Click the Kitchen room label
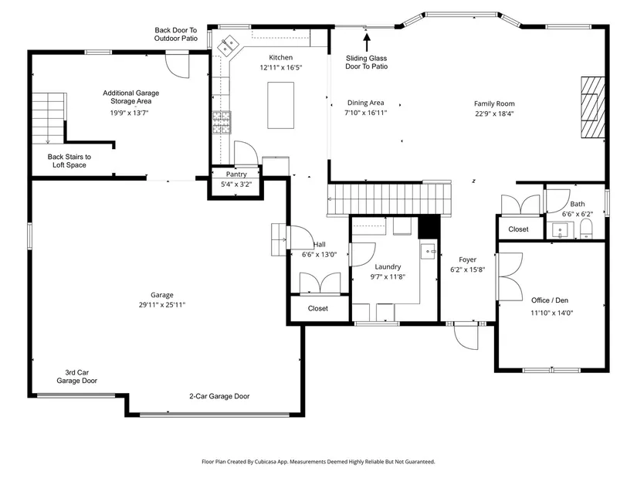pyautogui.click(x=281, y=58)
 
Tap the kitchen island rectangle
pyautogui.click(x=281, y=105)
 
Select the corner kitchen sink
pyautogui.click(x=227, y=45)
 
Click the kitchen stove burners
pyautogui.click(x=222, y=122)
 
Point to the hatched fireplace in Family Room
pyautogui.click(x=593, y=107)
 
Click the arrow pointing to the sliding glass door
pyautogui.click(x=367, y=42)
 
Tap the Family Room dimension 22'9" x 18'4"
pyautogui.click(x=494, y=114)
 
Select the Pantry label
pyautogui.click(x=236, y=175)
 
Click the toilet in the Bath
pyautogui.click(x=586, y=229)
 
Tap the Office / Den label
pyautogui.click(x=550, y=300)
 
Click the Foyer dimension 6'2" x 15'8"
pyautogui.click(x=468, y=270)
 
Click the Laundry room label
pyautogui.click(x=388, y=266)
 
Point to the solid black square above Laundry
pyautogui.click(x=429, y=227)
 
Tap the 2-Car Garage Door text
pyautogui.click(x=219, y=396)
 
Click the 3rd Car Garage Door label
pyautogui.click(x=76, y=377)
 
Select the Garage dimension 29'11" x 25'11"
pyautogui.click(x=162, y=305)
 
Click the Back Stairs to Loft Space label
pyautogui.click(x=69, y=161)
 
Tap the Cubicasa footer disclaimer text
pyautogui.click(x=318, y=462)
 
